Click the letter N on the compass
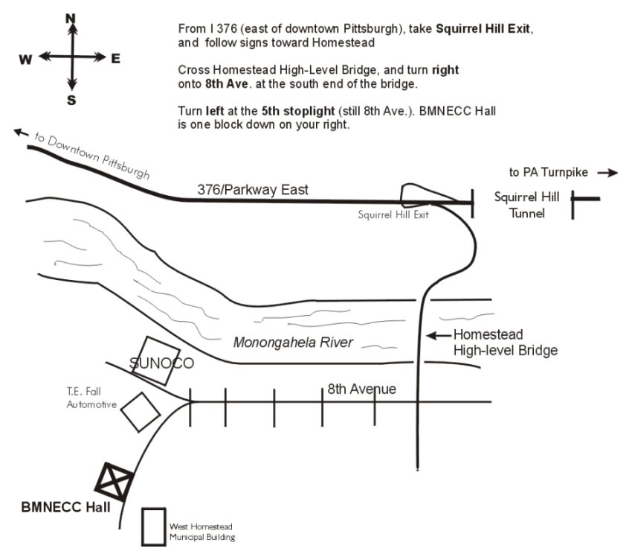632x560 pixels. point(71,17)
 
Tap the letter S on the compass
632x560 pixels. point(71,101)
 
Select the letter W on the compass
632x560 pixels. point(26,60)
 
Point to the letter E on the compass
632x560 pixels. point(115,59)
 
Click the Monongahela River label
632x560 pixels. point(293,343)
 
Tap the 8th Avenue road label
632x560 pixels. point(362,389)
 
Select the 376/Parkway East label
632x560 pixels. point(253,191)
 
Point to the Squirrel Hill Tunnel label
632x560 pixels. point(521,205)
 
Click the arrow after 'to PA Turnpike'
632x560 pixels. point(607,173)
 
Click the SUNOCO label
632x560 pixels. point(161,363)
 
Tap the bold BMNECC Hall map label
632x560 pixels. point(66,509)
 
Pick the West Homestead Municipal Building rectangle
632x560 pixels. point(153,526)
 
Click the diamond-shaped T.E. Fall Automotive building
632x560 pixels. point(140,410)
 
